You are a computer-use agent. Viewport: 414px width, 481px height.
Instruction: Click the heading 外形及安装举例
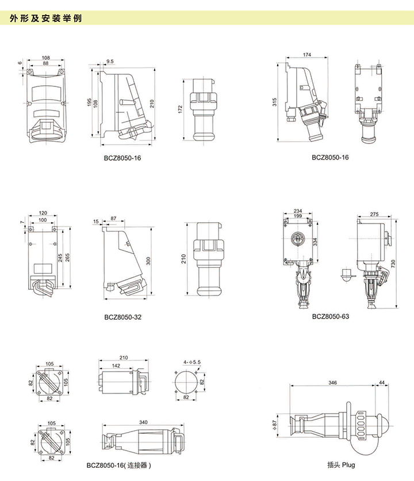(46, 18)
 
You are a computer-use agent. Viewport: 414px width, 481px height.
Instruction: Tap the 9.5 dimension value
(110, 60)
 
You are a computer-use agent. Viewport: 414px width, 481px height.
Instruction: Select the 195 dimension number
(89, 102)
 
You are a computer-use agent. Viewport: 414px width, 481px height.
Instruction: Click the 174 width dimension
(306, 55)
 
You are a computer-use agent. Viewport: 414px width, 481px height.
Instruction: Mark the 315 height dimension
(275, 102)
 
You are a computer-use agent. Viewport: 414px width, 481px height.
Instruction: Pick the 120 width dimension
(43, 212)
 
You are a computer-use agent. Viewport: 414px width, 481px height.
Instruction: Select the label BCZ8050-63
(330, 316)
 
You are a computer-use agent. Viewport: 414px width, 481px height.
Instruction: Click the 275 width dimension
(375, 214)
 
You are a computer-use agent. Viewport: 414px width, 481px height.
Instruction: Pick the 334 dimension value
(315, 242)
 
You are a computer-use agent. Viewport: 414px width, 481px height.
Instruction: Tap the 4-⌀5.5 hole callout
(191, 362)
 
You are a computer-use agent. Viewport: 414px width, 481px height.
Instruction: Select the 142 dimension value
(116, 366)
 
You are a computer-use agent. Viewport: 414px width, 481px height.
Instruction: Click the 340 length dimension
(143, 423)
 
